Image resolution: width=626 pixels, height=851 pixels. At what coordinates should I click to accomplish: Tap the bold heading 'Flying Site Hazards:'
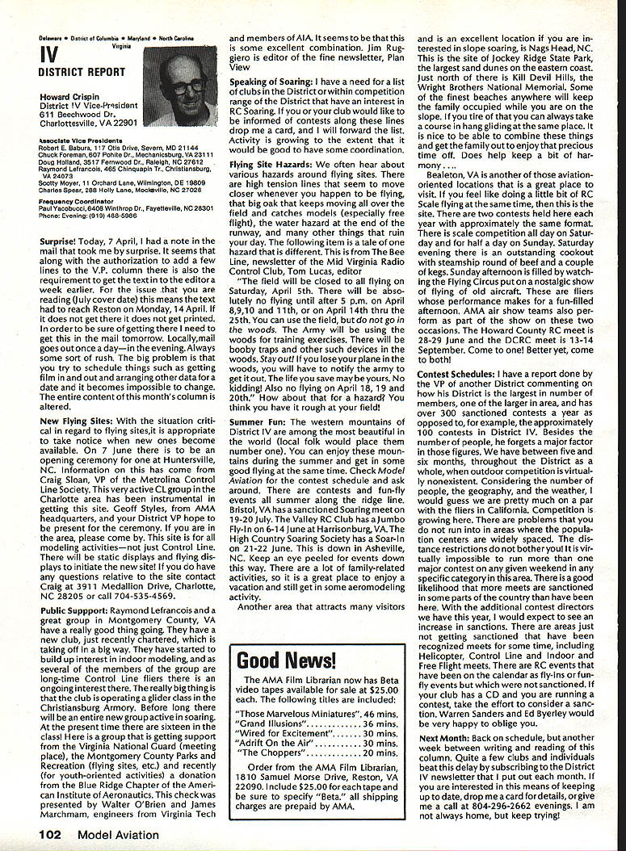click(x=268, y=165)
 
